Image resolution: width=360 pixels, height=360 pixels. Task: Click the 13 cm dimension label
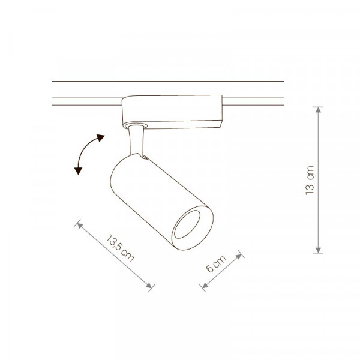point(310,180)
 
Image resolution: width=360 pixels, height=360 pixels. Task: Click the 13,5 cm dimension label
point(120,248)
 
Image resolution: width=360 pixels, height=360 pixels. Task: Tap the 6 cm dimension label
point(216,264)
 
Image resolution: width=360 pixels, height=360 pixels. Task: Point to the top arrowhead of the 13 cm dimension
point(318,110)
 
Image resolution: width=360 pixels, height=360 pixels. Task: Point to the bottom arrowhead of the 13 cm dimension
point(318,250)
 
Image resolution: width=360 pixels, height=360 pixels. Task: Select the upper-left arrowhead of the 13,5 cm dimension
point(79,225)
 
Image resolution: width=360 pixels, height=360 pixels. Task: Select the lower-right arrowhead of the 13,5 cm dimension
point(149,286)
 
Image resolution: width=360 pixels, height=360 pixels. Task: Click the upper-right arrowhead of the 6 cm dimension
point(239,256)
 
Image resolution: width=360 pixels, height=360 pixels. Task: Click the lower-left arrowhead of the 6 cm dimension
point(205,286)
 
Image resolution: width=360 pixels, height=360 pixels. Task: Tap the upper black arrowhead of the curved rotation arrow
point(100,137)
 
